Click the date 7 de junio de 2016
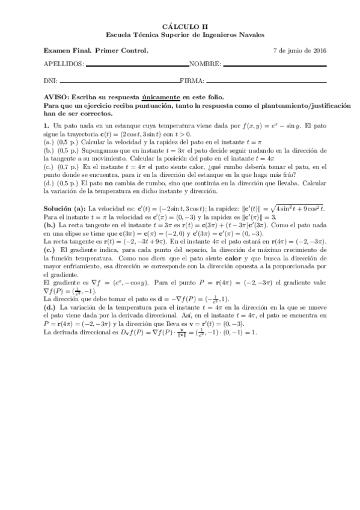pyautogui.click(x=299, y=50)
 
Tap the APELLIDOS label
pyautogui.click(x=64, y=64)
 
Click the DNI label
pyautogui.click(x=51, y=81)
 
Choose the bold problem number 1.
pyautogui.click(x=46, y=125)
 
